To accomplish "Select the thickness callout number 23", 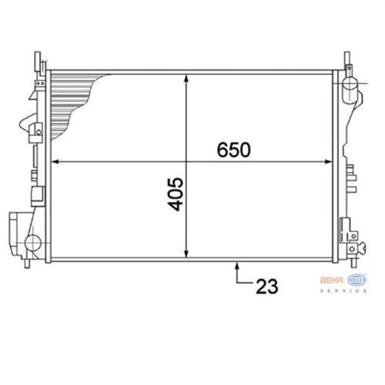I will click(267, 286).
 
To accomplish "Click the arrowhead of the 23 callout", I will click(238, 264).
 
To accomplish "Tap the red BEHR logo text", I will click(332, 279).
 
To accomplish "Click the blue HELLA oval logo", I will click(357, 279).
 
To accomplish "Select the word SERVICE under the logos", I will click(343, 291).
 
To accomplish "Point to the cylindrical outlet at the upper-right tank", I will click(350, 86).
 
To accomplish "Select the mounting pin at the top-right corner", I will click(347, 60).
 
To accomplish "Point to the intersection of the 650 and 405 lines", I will click(187, 162).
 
